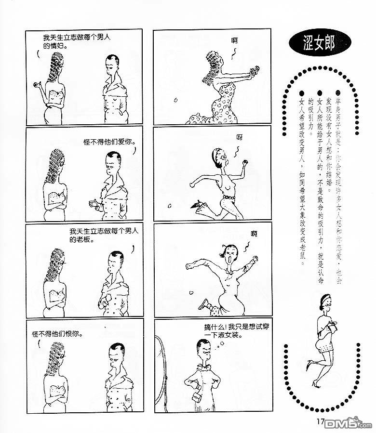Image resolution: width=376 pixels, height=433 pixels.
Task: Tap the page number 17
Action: tap(320, 421)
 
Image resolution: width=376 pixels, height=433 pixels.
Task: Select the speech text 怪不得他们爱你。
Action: tap(110, 142)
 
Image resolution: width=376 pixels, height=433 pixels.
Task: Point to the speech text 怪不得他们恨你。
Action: tap(57, 334)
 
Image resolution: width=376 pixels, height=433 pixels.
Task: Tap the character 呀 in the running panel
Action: tap(240, 137)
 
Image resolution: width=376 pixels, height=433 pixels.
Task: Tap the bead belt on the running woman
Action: tap(228, 198)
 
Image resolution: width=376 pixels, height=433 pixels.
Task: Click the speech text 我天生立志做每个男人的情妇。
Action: tap(77, 41)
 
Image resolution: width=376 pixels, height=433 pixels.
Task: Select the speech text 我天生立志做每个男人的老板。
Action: tap(104, 235)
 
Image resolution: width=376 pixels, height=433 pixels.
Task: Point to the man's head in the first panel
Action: tap(113, 64)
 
